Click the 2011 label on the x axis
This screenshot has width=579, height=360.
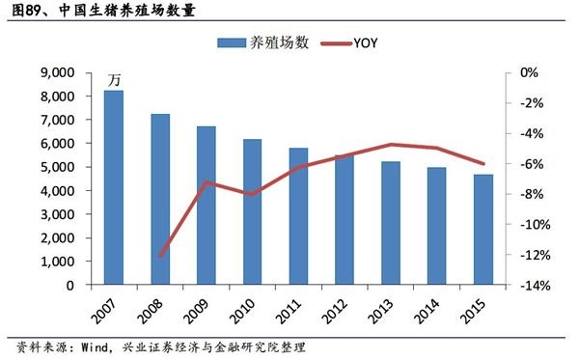coord(295,312)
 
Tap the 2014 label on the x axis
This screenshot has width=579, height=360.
coord(433,312)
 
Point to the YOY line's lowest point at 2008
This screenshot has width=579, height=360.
coord(160,256)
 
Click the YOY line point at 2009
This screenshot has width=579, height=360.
coord(207,181)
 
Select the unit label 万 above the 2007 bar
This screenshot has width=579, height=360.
coord(114,77)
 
